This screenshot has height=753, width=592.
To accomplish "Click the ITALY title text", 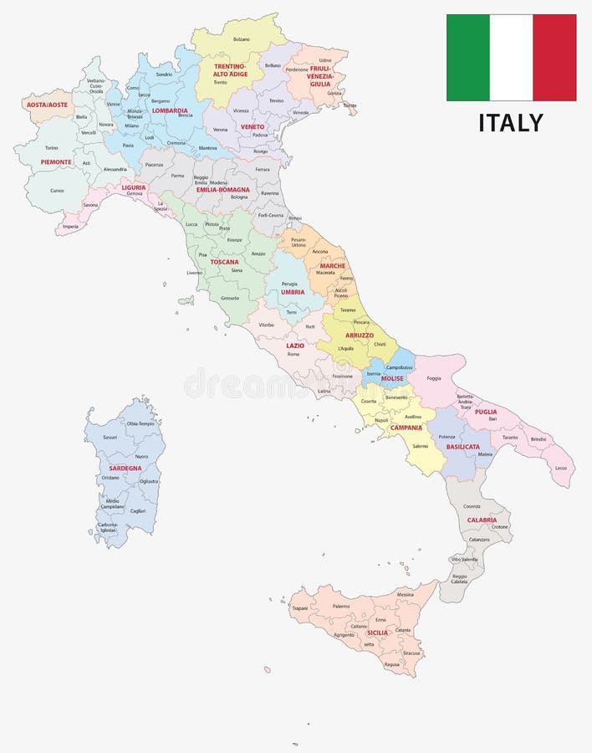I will [511, 122].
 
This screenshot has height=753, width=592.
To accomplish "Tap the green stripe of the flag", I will [467, 57].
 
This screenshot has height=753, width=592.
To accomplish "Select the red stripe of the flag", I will [554, 57].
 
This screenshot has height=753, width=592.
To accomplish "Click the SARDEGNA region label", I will [125, 468].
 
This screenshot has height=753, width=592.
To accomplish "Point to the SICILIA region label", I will [377, 633].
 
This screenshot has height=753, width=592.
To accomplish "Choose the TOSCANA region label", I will [224, 262].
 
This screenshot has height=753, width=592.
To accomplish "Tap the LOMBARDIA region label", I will [170, 110].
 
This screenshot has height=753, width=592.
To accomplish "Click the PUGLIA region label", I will [486, 412].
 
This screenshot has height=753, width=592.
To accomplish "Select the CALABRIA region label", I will [482, 520].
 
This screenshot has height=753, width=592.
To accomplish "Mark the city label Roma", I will [293, 354].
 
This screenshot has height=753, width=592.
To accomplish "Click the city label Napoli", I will [381, 420].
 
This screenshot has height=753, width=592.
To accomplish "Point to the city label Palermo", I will [341, 606].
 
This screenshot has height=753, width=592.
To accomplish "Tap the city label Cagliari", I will [138, 510].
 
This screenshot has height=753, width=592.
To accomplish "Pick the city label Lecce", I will [560, 468].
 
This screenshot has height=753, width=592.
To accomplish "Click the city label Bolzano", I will [242, 39].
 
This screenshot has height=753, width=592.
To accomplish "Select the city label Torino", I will [51, 148].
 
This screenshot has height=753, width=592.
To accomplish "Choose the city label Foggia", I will [434, 378].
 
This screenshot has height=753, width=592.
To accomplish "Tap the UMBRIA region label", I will [293, 292].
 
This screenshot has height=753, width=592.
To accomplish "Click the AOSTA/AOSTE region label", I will [47, 105].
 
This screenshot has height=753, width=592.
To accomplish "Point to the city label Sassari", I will [110, 437].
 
